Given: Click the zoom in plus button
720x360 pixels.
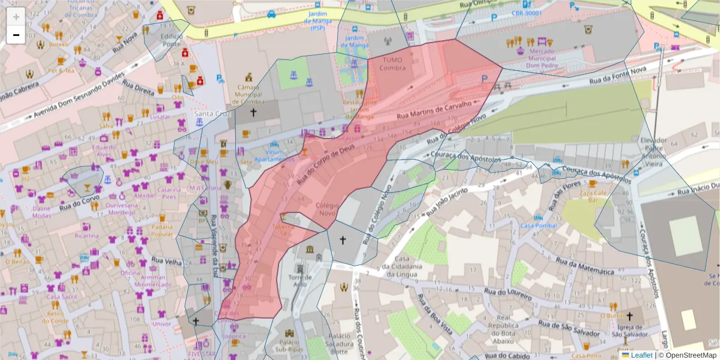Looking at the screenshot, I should (16, 16).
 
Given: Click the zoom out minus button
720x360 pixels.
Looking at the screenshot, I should (16, 35).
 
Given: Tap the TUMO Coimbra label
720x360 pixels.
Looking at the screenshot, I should (392, 64).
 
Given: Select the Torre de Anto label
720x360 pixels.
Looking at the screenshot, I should (299, 281).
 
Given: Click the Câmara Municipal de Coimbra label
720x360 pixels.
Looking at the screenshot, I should (248, 95).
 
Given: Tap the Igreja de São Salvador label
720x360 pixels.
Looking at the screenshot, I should (630, 331).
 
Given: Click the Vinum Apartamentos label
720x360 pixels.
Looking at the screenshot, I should (274, 157).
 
